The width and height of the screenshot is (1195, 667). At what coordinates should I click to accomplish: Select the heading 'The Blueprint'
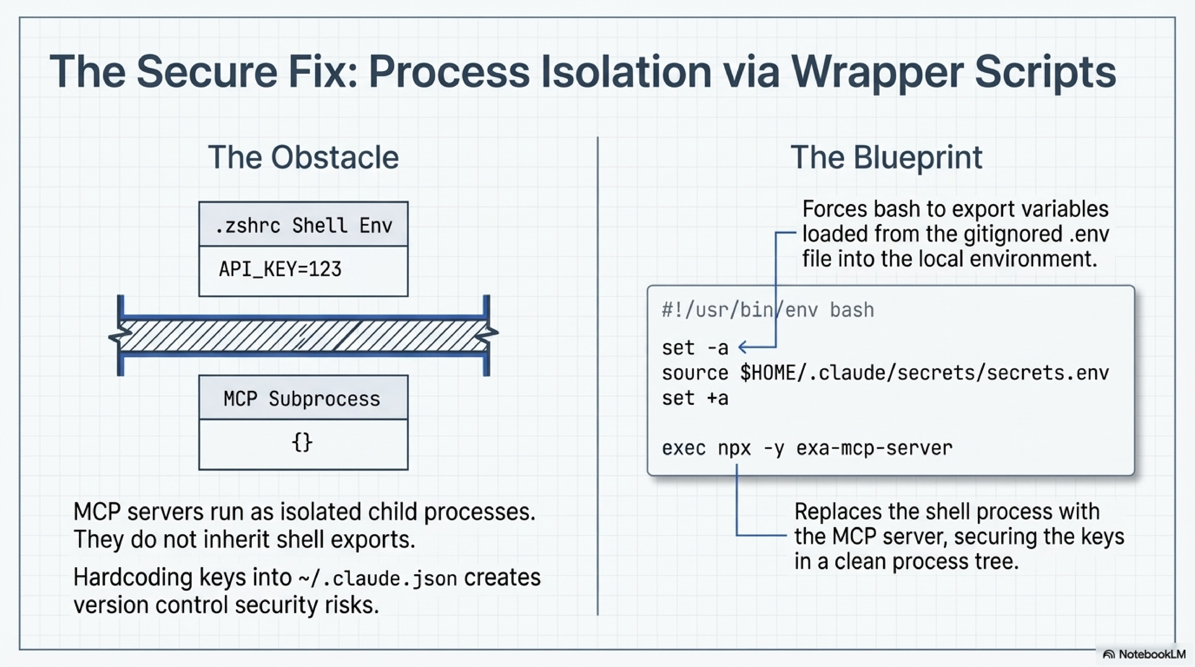pyautogui.click(x=886, y=158)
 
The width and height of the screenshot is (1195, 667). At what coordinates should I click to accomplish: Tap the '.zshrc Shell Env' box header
pyautogui.click(x=303, y=226)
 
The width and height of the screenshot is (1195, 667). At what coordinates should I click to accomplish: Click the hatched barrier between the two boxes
pyautogui.click(x=303, y=335)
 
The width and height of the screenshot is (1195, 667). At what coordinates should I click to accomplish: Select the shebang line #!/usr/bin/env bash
pyautogui.click(x=768, y=310)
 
